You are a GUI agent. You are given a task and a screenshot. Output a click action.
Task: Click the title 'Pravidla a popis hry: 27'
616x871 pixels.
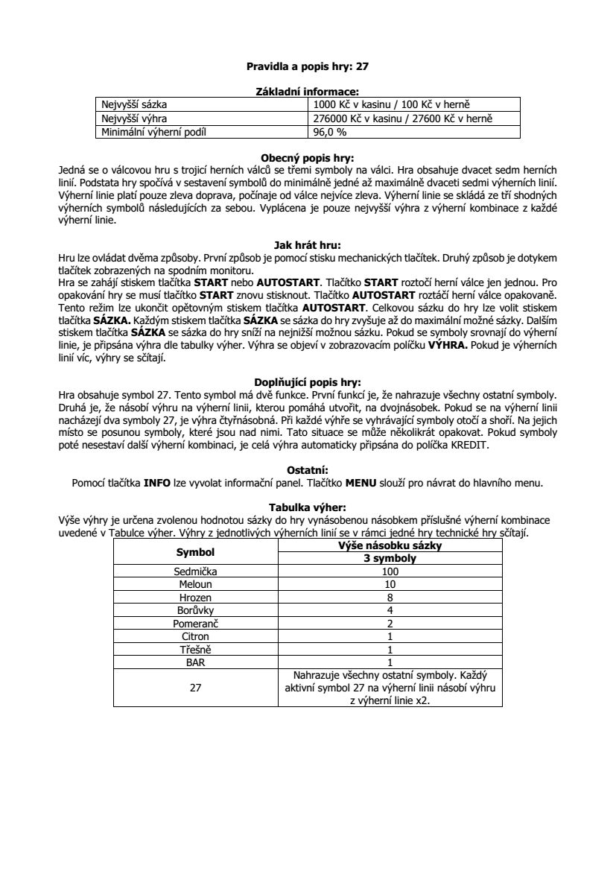308,66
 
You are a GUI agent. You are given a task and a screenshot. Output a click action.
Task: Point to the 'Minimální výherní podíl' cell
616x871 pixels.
155,133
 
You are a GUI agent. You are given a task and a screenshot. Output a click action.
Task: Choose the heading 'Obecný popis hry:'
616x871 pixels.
308,158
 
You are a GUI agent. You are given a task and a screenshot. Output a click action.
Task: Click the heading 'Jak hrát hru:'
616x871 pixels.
308,243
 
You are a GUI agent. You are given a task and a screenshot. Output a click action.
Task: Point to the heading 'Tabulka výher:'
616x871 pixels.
308,507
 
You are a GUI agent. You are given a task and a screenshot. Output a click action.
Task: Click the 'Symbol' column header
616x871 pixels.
195,552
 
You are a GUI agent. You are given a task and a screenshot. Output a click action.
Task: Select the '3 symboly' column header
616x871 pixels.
390,559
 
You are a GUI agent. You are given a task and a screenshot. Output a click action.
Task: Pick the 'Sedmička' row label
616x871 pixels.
195,571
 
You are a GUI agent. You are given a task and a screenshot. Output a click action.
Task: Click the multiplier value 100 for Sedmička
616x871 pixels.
390,571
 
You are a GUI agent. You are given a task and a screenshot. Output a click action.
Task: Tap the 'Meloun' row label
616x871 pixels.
195,585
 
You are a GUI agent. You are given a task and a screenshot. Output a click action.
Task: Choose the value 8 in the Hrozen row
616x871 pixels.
390,598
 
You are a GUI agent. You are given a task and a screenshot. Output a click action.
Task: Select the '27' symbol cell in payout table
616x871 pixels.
195,688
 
